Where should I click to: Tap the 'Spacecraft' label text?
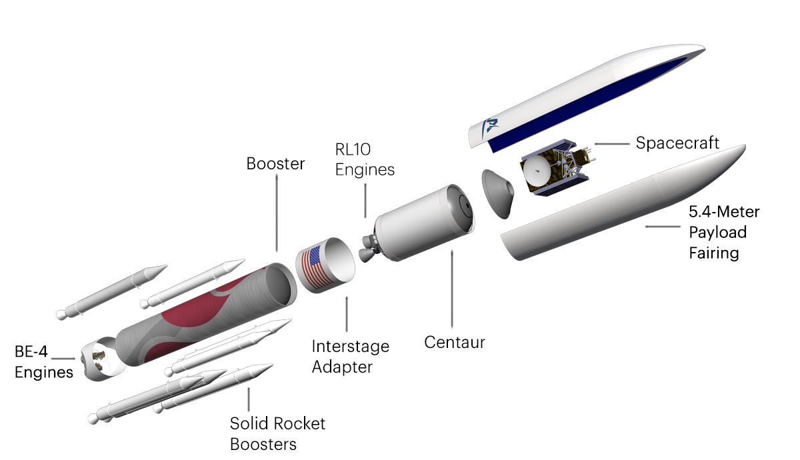677,143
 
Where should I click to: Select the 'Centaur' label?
455,343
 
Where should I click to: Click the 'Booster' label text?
275,163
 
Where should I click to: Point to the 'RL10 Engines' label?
365,160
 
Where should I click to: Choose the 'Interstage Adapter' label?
350,357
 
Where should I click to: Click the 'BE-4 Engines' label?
44,362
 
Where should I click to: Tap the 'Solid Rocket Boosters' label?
277,433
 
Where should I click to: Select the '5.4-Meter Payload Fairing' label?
723,233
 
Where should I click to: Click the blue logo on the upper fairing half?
492,125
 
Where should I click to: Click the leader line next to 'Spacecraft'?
611,143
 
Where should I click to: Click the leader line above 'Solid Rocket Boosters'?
249,399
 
